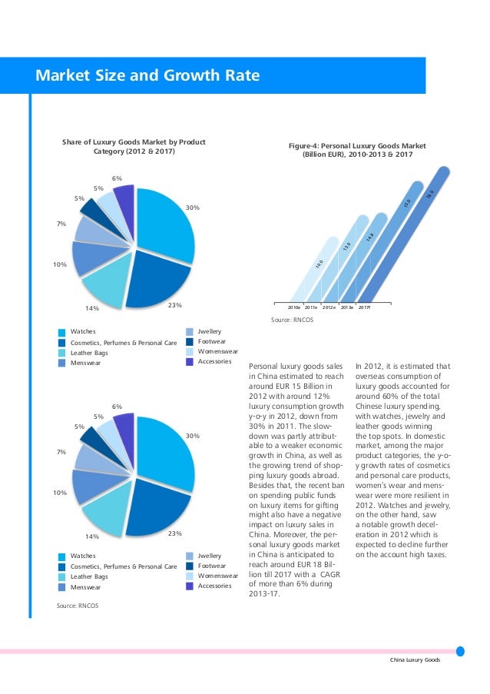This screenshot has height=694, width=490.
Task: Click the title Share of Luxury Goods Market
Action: tap(138, 147)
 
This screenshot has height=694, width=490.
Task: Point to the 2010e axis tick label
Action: tap(294, 307)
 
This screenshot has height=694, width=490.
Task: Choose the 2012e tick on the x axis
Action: tap(330, 307)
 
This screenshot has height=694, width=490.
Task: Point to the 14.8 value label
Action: tap(369, 239)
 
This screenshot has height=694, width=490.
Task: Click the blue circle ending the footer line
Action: tap(460, 651)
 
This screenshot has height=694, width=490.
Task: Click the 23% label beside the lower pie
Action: tap(174, 533)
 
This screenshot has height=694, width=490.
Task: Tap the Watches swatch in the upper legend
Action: tap(61, 332)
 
